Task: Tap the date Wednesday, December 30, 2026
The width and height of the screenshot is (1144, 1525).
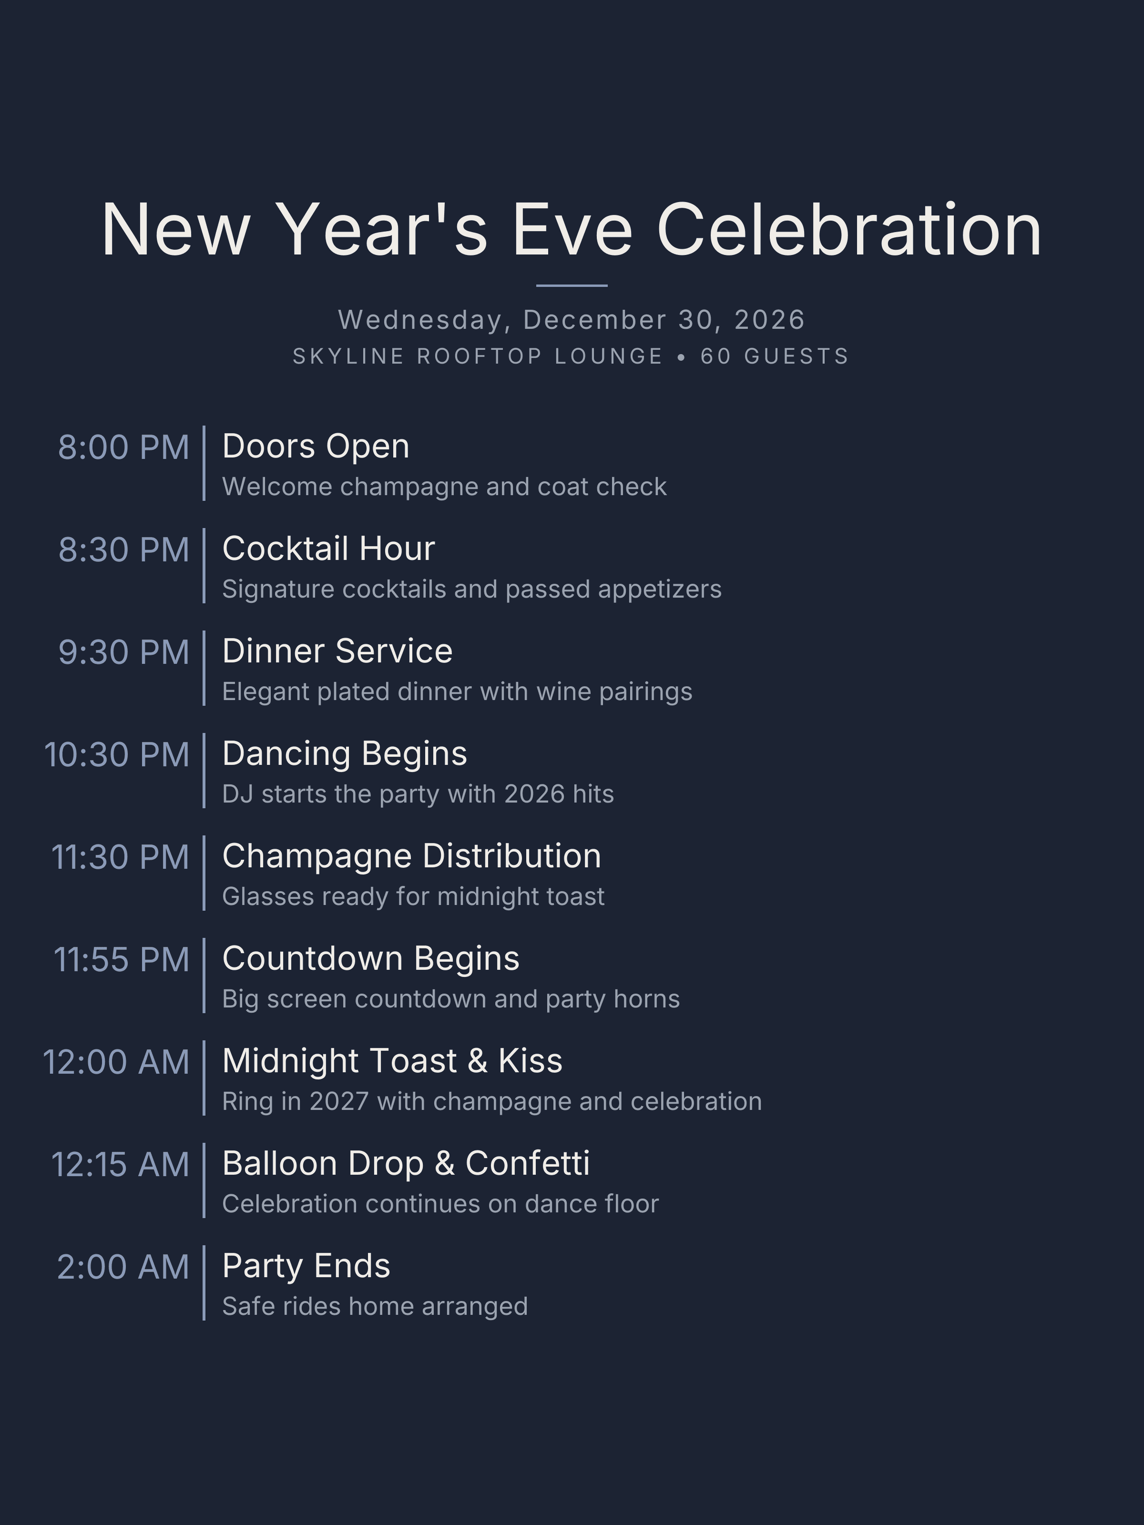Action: (x=572, y=320)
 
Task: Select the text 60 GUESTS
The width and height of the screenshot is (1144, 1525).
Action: (x=775, y=356)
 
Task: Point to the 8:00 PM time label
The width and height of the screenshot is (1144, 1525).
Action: (x=123, y=447)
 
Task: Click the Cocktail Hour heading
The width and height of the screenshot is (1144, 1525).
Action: (x=328, y=549)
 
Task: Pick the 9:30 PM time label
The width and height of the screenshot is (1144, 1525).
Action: (x=123, y=652)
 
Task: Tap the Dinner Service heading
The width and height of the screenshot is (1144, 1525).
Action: (x=337, y=651)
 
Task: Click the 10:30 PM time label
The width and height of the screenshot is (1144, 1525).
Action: (x=116, y=755)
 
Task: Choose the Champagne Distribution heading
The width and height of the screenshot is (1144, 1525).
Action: (x=412, y=856)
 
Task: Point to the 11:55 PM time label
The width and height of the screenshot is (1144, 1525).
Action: (x=122, y=960)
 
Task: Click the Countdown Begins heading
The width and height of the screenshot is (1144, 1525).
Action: (x=370, y=959)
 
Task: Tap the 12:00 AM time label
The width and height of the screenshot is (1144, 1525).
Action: (x=116, y=1062)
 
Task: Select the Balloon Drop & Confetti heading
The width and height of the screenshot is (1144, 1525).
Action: (x=406, y=1164)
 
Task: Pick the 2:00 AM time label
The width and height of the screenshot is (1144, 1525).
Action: (x=123, y=1267)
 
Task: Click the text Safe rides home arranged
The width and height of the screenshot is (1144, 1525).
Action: (x=375, y=1306)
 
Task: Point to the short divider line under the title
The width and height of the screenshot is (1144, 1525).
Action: (x=572, y=285)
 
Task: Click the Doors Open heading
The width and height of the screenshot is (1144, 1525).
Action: (x=315, y=446)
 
